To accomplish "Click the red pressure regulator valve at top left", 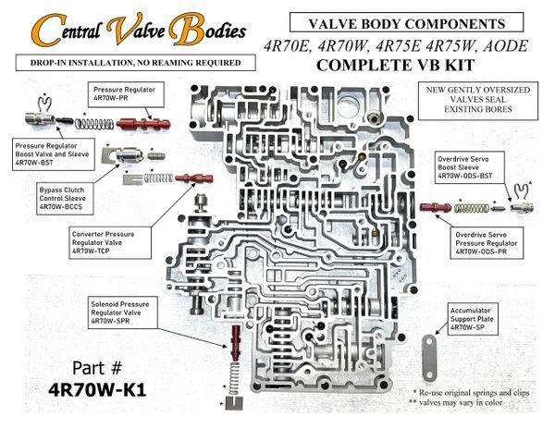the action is [x=143, y=124].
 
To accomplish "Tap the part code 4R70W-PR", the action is [x=110, y=98].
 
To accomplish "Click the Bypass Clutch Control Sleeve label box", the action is [x=65, y=199].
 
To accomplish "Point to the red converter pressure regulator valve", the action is [x=194, y=178].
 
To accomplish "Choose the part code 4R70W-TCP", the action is [x=91, y=251].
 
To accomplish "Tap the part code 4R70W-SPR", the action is [x=110, y=321].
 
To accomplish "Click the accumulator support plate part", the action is [x=429, y=359].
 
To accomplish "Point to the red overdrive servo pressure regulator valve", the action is [x=436, y=207].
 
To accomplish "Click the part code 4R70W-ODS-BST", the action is [x=465, y=176].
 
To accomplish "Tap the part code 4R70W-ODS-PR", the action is [x=481, y=251].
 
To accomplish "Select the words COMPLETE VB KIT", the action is [x=395, y=66].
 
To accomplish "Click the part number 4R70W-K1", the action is [x=97, y=390].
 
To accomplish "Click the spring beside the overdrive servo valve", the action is [x=472, y=208].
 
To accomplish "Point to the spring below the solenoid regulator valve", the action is [x=234, y=377].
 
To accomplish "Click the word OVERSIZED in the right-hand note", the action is [x=508, y=90].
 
